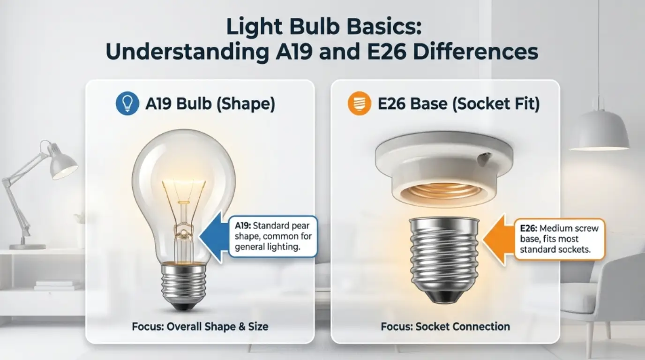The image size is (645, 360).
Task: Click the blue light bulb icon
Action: pos(127,104)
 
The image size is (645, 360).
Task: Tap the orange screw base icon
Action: pos(359,104)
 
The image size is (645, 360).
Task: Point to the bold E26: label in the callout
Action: pos(529,229)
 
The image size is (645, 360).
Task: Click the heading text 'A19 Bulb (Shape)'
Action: pos(210,104)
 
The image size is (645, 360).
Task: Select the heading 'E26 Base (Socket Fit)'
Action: pos(458,104)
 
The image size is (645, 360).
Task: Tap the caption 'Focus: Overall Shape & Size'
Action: pos(200,326)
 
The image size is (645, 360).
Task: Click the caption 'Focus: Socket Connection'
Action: pos(445,326)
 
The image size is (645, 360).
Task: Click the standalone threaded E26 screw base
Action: pos(444,258)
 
